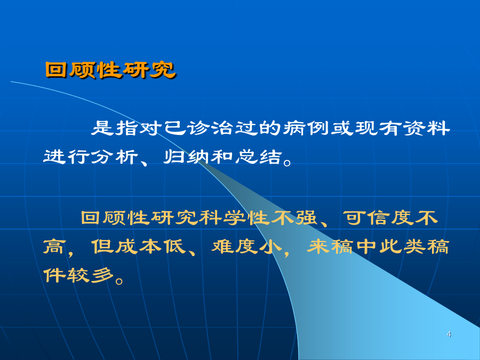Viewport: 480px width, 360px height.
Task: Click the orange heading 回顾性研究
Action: point(110,70)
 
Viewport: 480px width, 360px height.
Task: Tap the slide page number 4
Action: point(449,334)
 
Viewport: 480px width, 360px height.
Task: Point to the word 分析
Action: point(115,157)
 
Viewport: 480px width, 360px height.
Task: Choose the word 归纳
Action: point(186,157)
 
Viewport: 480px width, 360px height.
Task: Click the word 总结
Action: point(258,157)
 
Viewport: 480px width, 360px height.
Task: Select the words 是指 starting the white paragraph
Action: point(115,128)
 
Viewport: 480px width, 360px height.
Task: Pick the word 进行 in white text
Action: point(67,157)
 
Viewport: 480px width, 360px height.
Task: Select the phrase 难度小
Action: point(246,246)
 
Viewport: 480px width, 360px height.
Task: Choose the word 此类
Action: point(402,246)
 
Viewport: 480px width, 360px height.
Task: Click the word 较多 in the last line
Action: point(91,275)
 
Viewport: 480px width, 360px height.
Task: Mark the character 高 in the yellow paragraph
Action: point(54,246)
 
